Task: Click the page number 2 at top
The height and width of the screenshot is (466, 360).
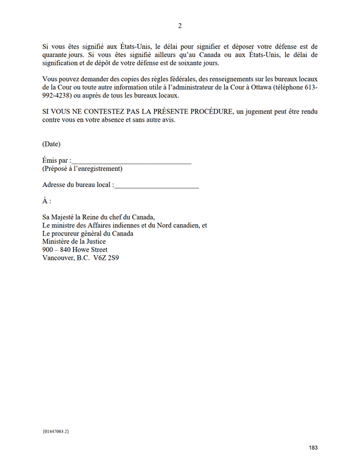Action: click(180, 25)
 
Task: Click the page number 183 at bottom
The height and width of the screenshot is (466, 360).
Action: click(313, 448)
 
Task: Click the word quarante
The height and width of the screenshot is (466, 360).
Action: click(57, 54)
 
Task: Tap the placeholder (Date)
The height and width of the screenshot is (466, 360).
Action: click(51, 144)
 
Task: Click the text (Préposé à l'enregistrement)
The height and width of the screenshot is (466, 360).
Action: click(82, 169)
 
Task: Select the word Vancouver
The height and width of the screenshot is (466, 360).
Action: click(58, 258)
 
